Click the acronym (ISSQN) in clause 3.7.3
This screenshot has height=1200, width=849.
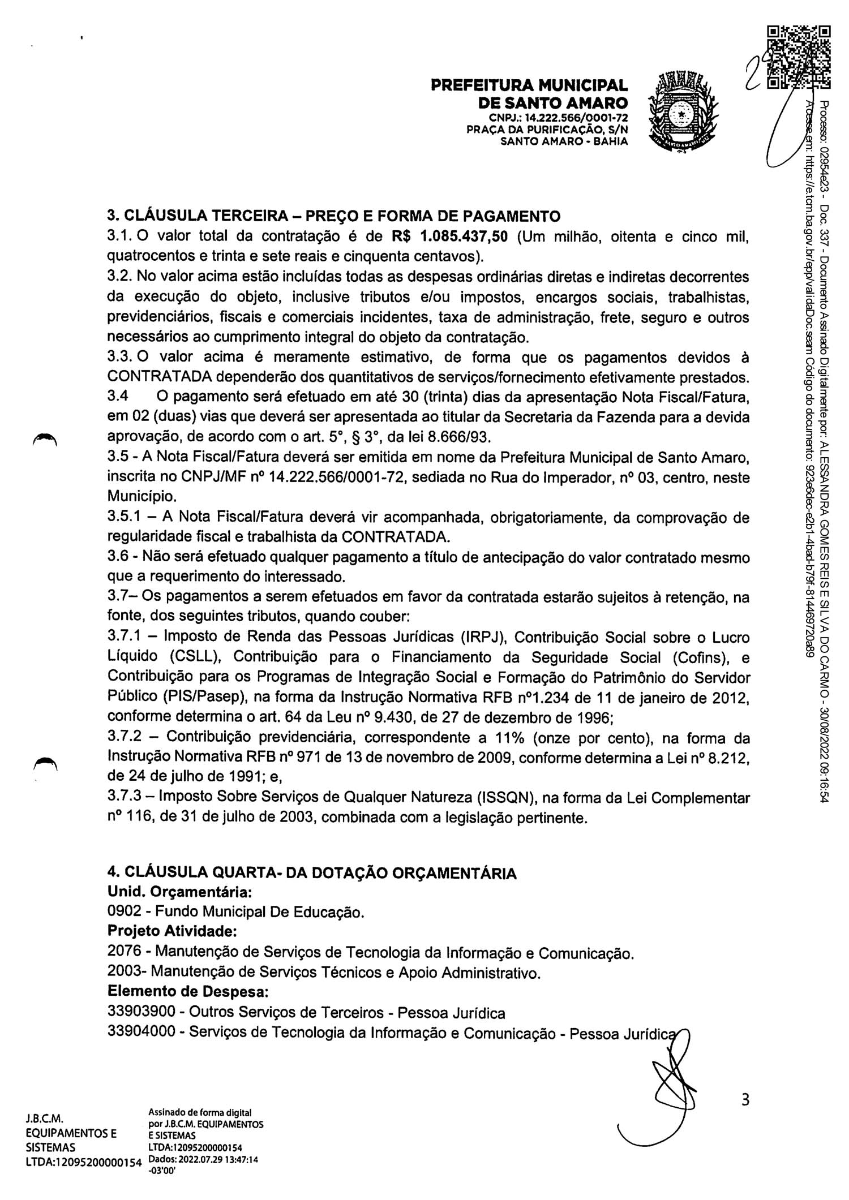(x=508, y=798)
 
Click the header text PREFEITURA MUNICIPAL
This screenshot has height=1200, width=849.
(x=529, y=85)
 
